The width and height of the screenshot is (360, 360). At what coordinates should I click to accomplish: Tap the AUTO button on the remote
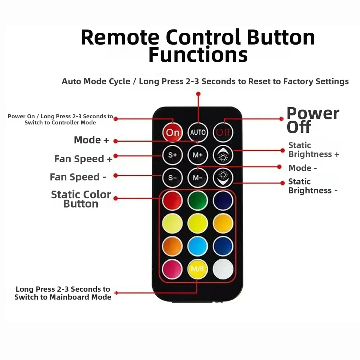[x=198, y=132]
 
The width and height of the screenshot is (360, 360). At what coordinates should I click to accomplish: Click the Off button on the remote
[x=223, y=132]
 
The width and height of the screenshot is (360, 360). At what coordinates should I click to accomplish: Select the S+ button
[x=172, y=155]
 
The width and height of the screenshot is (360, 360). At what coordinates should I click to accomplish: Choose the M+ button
[x=198, y=155]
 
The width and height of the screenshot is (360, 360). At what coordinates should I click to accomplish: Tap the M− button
[x=198, y=178]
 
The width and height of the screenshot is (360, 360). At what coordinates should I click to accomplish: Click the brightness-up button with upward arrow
[x=223, y=155]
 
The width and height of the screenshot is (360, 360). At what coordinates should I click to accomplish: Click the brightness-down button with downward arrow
[x=223, y=178]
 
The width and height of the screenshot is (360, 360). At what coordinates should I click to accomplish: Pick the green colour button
[x=198, y=200]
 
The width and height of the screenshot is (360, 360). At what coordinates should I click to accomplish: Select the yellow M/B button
[x=198, y=269]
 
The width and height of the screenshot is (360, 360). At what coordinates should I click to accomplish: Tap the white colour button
[x=223, y=269]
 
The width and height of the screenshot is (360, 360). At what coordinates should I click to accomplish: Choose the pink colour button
[x=172, y=269]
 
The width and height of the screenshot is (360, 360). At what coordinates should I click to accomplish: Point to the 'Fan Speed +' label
[x=83, y=159]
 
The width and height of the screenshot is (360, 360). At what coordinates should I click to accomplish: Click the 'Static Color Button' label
[x=81, y=199]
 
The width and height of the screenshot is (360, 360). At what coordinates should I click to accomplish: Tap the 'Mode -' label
[x=302, y=168]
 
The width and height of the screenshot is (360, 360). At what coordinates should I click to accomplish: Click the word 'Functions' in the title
[x=198, y=55]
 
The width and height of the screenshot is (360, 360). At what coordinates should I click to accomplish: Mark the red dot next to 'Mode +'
[x=116, y=141]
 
